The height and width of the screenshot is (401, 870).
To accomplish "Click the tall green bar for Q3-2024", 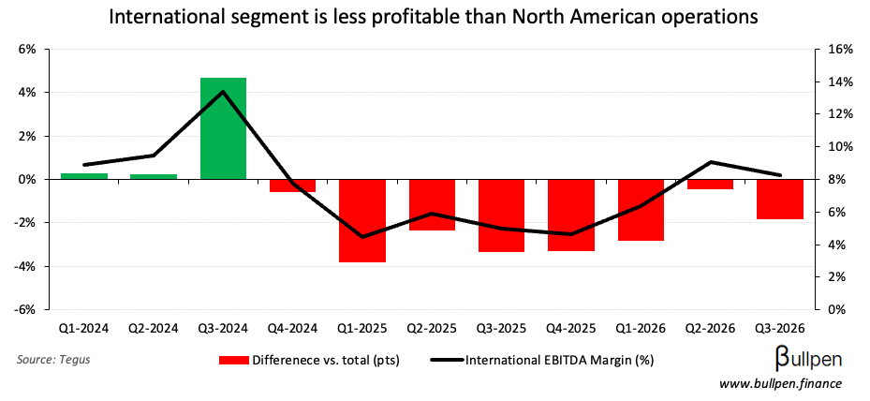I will pyautogui.click(x=224, y=128).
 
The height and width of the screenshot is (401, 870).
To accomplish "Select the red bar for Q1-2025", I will pyautogui.click(x=362, y=220).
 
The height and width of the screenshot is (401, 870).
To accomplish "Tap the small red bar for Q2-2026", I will pyautogui.click(x=711, y=184).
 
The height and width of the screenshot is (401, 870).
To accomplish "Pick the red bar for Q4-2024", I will pyautogui.click(x=293, y=186).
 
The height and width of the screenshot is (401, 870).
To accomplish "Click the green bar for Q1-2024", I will pyautogui.click(x=84, y=175).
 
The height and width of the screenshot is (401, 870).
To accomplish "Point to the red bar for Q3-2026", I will pyautogui.click(x=780, y=199).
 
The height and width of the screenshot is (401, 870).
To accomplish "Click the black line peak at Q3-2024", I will pyautogui.click(x=224, y=92).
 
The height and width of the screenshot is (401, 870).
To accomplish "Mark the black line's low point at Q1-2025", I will pyautogui.click(x=362, y=237).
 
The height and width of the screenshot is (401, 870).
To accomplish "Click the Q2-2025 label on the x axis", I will pyautogui.click(x=432, y=329).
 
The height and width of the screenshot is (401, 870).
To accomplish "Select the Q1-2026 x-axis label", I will pyautogui.click(x=641, y=329).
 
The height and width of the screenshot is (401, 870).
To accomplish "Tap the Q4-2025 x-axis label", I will pyautogui.click(x=571, y=329).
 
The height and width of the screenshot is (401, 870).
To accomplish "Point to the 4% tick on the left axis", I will pyautogui.click(x=27, y=93).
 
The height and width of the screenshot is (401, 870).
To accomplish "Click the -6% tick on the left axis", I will pyautogui.click(x=25, y=310).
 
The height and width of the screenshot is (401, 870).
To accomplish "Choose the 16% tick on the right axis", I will pyautogui.click(x=837, y=50).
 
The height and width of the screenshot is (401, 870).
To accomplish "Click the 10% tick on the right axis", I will pyautogui.click(x=837, y=147).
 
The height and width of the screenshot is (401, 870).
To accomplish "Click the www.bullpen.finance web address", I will pyautogui.click(x=780, y=384).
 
